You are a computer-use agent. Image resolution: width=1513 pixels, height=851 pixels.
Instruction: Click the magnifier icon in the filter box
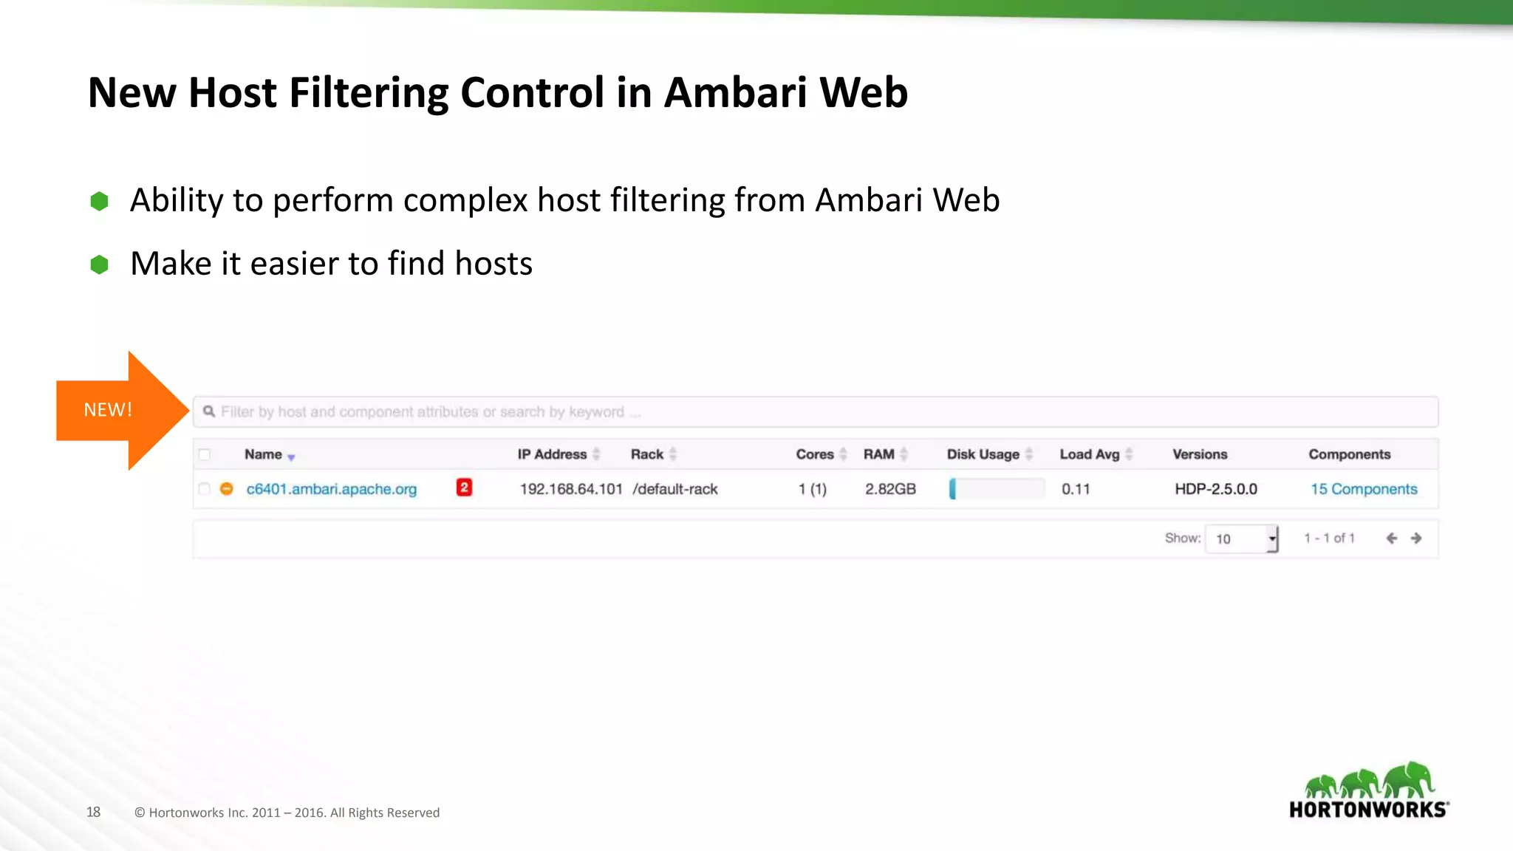pyautogui.click(x=209, y=411)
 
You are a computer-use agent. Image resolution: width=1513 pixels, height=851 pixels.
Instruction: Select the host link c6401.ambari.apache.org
pyautogui.click(x=332, y=489)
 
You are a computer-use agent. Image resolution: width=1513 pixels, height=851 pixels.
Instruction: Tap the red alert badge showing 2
pyautogui.click(x=464, y=488)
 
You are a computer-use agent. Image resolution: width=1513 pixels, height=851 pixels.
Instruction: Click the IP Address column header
pyautogui.click(x=552, y=454)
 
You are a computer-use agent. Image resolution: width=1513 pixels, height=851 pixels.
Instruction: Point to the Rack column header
pyautogui.click(x=647, y=454)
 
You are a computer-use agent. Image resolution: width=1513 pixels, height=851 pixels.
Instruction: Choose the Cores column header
pyautogui.click(x=815, y=454)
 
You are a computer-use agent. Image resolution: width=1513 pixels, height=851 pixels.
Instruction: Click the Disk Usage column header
pyautogui.click(x=983, y=454)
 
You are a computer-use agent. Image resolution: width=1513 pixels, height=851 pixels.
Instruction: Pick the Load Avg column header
pyautogui.click(x=1090, y=454)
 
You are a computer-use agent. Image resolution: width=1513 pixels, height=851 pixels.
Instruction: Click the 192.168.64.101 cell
pyautogui.click(x=571, y=489)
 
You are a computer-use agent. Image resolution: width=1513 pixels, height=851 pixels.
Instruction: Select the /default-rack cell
pyautogui.click(x=675, y=489)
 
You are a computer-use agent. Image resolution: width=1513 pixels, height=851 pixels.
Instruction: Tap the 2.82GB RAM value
pyautogui.click(x=890, y=489)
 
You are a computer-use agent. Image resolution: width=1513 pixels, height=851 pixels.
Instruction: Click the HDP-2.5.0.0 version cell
pyautogui.click(x=1216, y=489)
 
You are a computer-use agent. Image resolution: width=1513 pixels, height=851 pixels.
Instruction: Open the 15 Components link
pyautogui.click(x=1364, y=489)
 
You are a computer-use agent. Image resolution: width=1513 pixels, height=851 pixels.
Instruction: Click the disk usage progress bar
pyautogui.click(x=997, y=489)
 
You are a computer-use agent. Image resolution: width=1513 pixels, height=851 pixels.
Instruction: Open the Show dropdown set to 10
pyautogui.click(x=1241, y=539)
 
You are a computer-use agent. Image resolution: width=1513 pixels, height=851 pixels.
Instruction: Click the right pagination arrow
pyautogui.click(x=1416, y=539)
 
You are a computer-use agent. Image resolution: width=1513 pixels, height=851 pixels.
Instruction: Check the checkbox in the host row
pyautogui.click(x=205, y=489)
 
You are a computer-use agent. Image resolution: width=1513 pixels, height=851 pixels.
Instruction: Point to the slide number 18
pyautogui.click(x=93, y=812)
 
